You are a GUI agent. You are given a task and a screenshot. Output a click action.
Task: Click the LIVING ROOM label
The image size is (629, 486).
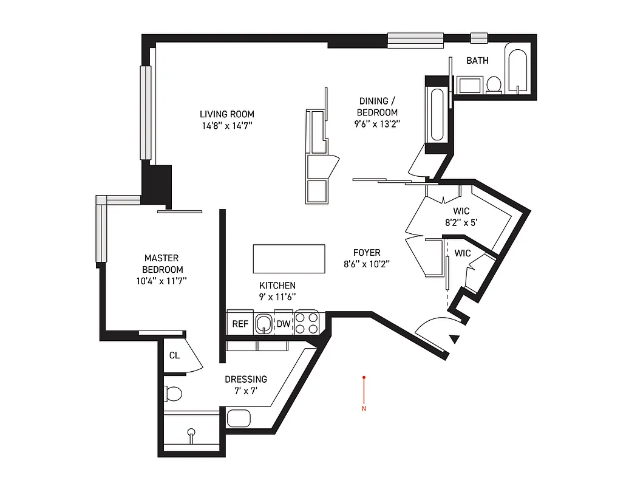pos(227,120)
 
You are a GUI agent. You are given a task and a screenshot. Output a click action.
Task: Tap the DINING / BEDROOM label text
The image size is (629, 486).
pos(377,112)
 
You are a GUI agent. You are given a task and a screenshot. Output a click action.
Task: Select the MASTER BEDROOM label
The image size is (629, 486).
pos(162,269)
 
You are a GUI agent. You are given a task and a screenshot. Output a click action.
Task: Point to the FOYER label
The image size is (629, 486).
pos(367,258)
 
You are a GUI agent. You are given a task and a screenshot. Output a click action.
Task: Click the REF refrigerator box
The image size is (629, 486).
pos(240,323)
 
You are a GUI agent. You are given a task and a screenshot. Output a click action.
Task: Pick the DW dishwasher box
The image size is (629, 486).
pos(284,323)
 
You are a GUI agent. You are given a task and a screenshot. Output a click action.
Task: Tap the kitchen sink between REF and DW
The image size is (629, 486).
pos(263,323)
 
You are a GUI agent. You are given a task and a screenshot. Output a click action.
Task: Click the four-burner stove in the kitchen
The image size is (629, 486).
pos(307,322)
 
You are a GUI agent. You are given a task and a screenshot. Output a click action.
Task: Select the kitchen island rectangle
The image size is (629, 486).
pos(288,259)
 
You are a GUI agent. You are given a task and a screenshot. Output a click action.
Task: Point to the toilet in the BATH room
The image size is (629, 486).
pos(494,84)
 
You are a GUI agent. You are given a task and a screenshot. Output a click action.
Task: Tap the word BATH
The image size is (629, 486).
pos(477,61)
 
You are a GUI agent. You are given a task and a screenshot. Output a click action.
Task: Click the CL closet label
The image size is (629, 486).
pos(174,355)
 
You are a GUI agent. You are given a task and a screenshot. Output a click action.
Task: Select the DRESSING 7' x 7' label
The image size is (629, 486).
pos(246,385)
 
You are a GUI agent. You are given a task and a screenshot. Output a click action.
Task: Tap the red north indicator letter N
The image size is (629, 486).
pos(364,408)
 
